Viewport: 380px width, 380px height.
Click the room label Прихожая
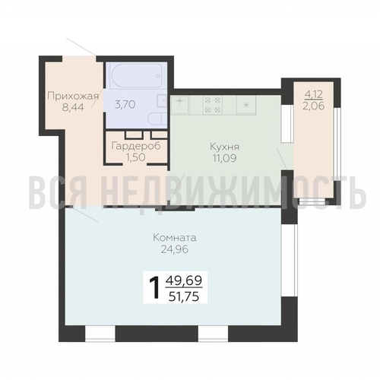(x=73, y=97)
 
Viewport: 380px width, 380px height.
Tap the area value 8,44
(x=73, y=107)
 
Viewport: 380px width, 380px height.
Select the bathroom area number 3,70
(x=125, y=104)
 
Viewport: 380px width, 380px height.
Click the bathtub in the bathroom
(x=136, y=75)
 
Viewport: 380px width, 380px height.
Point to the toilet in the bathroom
(x=157, y=119)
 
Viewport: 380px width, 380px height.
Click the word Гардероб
(x=136, y=146)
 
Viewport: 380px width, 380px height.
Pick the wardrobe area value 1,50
(x=136, y=157)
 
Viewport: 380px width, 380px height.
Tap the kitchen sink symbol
(x=179, y=105)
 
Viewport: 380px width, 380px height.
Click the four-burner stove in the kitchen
(x=212, y=105)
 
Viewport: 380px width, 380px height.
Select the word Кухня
(x=225, y=147)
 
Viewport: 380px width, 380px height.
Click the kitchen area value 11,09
(x=225, y=158)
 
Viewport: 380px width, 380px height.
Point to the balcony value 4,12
(x=314, y=94)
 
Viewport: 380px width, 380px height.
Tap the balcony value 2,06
(x=314, y=106)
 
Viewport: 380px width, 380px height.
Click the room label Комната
(x=175, y=238)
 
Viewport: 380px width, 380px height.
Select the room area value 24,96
(x=175, y=249)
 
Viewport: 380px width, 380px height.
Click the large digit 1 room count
(x=154, y=287)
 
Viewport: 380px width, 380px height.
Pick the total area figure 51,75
(x=184, y=296)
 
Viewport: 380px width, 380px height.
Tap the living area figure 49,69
(x=184, y=280)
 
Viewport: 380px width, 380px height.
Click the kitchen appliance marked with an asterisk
(x=246, y=105)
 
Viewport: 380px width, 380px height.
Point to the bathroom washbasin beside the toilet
(x=163, y=101)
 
